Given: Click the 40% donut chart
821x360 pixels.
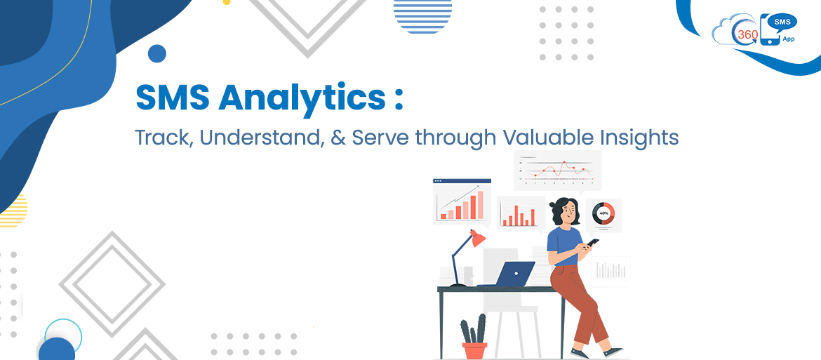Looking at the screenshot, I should point(603,213).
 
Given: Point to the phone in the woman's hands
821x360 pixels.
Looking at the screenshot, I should point(592,243).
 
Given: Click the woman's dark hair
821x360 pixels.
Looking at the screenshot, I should point(559,206).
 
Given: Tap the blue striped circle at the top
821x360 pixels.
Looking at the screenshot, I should point(422,15).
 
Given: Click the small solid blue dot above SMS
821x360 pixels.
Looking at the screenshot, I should point(157,53).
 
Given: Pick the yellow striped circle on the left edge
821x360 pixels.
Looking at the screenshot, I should point(14,211).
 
